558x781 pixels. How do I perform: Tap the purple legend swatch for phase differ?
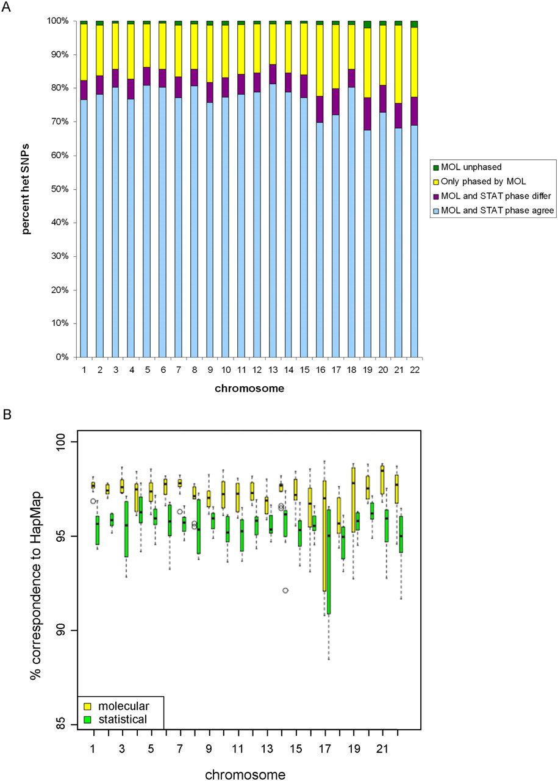pos(435,196)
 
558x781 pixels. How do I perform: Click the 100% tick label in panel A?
pos(57,21)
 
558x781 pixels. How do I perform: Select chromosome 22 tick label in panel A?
pos(415,370)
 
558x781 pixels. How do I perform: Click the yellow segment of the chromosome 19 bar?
pos(367,63)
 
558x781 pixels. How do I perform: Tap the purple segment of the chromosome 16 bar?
pos(320,109)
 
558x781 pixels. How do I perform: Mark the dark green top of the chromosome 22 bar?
pos(414,24)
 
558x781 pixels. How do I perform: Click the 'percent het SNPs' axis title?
pos(25,189)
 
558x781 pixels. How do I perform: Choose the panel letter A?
pos(6,7)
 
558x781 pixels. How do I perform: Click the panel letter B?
pos(7,414)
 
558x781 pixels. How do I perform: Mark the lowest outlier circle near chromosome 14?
pos(285,590)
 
